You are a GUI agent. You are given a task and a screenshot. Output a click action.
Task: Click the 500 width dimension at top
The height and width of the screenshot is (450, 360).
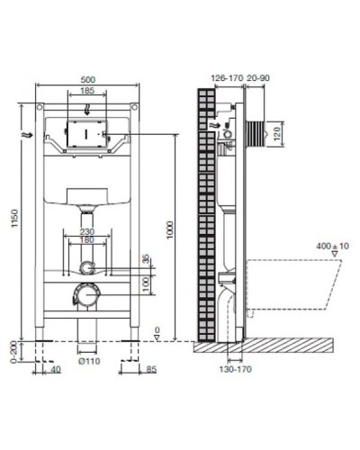(88, 78)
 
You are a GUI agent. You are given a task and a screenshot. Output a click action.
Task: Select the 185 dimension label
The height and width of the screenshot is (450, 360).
(87, 92)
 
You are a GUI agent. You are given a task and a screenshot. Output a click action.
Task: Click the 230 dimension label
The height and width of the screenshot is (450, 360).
(88, 233)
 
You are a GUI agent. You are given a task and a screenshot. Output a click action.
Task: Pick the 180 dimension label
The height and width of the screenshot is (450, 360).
(88, 241)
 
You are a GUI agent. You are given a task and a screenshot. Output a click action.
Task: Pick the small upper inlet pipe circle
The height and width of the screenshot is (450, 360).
(87, 266)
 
